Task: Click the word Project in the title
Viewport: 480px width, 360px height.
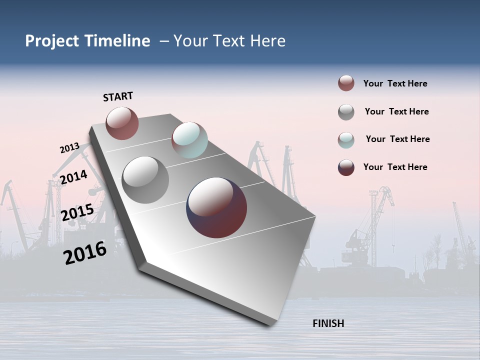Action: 52,41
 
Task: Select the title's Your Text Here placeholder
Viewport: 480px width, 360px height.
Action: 229,41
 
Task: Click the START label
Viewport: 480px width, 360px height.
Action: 118,96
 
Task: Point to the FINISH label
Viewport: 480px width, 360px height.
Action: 328,323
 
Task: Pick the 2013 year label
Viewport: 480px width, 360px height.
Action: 69,148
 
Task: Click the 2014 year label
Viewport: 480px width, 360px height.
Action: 73,177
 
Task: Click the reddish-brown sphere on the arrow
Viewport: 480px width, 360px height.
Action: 122,123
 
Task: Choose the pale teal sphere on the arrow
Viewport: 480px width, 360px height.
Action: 189,140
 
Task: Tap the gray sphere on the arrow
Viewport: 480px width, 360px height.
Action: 145,180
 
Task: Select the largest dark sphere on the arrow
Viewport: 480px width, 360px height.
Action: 216,207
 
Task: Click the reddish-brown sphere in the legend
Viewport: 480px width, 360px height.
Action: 346,83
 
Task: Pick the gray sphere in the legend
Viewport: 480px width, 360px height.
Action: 346,112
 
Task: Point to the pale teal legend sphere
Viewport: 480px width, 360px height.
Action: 346,140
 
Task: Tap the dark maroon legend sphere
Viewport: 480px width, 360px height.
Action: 346,167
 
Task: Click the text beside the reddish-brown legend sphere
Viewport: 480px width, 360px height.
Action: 395,83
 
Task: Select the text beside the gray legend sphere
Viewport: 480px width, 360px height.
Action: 396,111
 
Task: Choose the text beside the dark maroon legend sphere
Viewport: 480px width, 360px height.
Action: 395,167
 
